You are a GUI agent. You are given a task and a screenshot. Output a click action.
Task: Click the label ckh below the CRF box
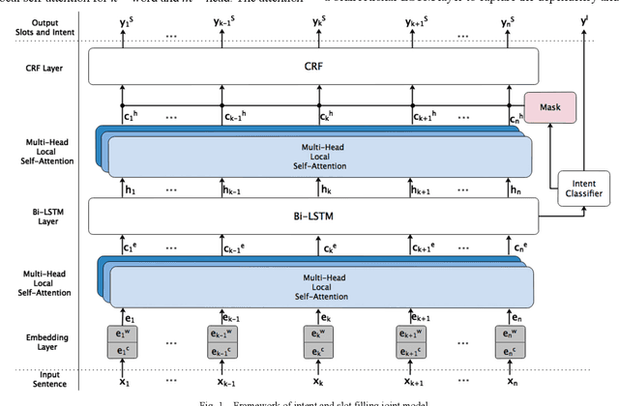327,113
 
